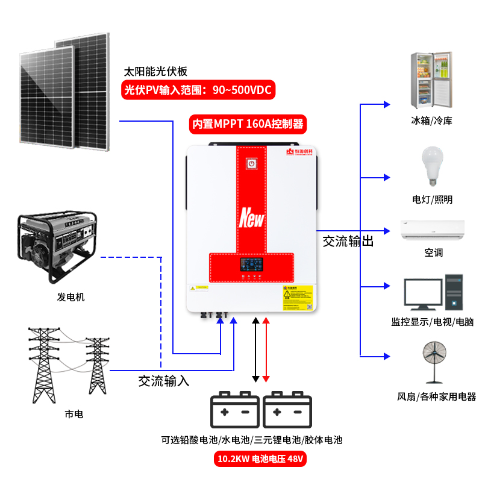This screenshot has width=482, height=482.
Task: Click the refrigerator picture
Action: (x=431, y=78)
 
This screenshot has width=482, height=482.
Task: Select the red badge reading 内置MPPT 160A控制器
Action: (x=247, y=125)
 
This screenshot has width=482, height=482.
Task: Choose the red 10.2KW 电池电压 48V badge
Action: (x=260, y=460)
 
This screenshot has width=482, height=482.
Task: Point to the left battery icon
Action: (x=234, y=410)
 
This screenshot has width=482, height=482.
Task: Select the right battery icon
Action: (x=287, y=410)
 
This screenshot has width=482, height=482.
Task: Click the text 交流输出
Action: (x=348, y=242)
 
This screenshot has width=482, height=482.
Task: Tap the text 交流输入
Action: (x=164, y=381)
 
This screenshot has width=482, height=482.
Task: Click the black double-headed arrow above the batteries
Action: (x=255, y=349)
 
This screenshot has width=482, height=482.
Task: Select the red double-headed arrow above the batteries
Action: (x=266, y=349)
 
